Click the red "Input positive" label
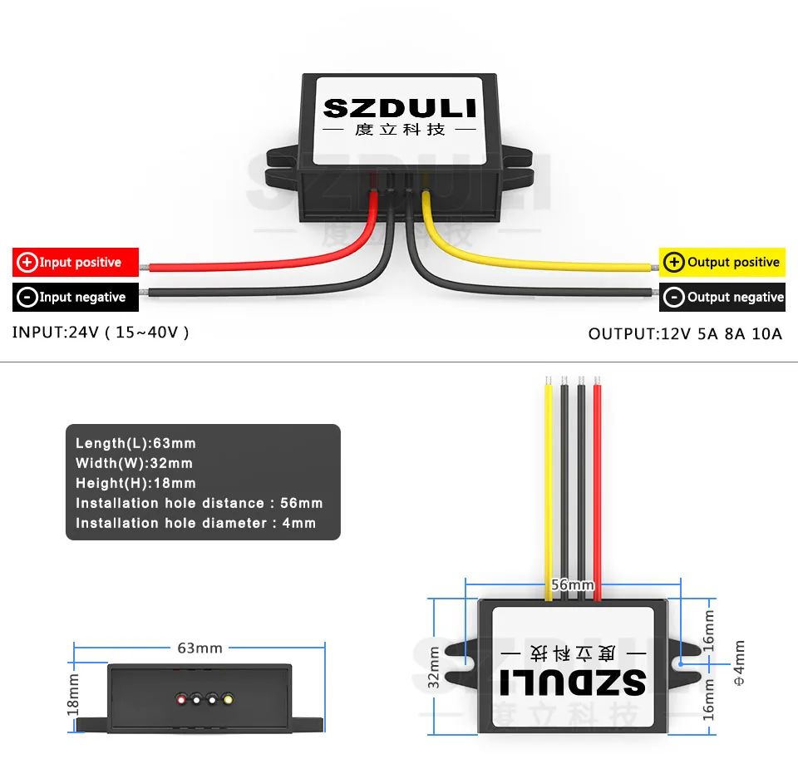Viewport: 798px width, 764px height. click(76, 263)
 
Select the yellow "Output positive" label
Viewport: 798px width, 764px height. click(722, 263)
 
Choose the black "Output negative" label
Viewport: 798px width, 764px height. click(722, 298)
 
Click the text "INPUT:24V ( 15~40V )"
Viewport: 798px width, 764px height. click(101, 333)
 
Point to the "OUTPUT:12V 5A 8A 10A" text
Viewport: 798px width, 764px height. click(685, 333)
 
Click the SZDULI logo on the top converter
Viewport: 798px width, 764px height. click(399, 108)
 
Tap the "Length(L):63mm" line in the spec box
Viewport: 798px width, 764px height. click(135, 444)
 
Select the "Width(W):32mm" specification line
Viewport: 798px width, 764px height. click(134, 464)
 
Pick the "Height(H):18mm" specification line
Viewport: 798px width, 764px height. click(135, 484)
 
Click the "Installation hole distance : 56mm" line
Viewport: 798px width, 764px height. click(199, 504)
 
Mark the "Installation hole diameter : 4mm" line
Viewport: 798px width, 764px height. click(195, 524)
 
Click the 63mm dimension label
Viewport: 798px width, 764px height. click(199, 648)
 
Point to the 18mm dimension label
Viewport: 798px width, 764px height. click(73, 694)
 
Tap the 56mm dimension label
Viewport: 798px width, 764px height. click(573, 585)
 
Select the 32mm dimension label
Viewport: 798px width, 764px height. click(435, 667)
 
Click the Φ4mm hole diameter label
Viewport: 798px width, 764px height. click(739, 663)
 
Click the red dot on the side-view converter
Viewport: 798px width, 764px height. click(181, 700)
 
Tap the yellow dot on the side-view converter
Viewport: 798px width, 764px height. click(226, 700)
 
